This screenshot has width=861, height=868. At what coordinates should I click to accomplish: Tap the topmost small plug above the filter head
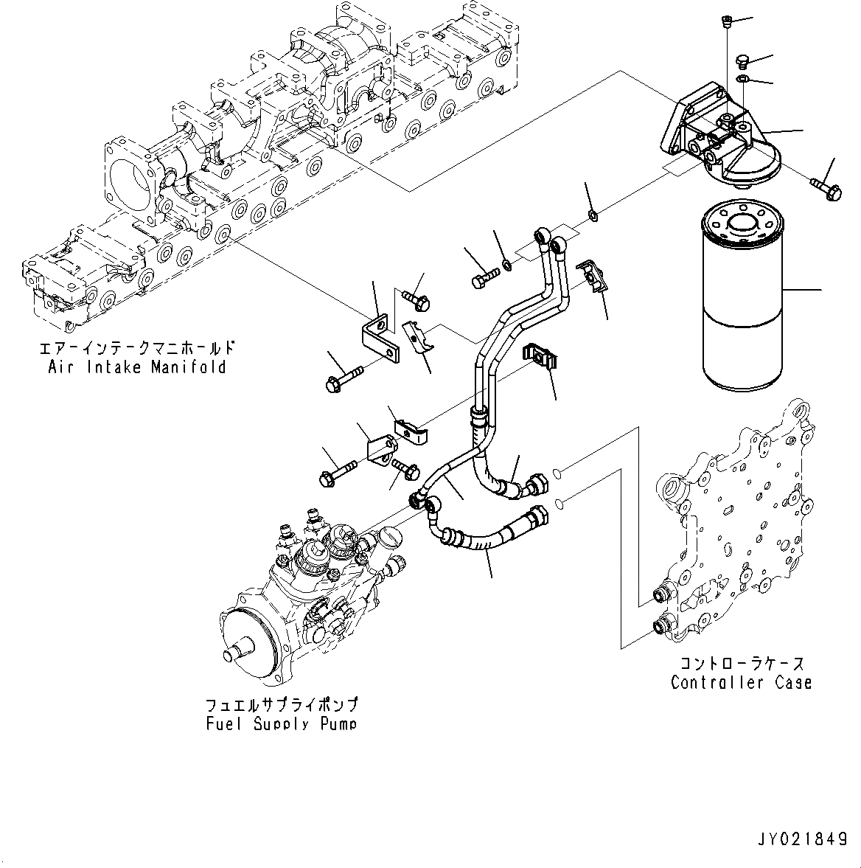point(724,24)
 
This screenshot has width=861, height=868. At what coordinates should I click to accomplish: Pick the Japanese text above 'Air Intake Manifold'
point(137,347)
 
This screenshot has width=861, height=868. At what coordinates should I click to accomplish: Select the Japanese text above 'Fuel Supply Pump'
point(282,704)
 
